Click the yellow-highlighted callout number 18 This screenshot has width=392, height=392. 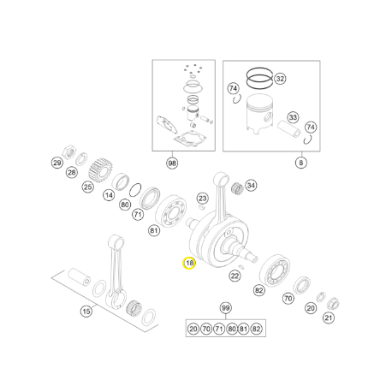pos(188,265)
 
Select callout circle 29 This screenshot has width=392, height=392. pos(57,163)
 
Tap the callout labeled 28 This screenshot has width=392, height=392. pos(71,173)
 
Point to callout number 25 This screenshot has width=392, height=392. pos(88,187)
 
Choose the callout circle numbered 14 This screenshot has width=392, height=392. pos(109,196)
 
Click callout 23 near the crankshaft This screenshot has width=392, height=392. pos(202,199)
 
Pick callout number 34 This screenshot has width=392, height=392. pos(251,185)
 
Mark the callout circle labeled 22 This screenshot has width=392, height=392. pos(235,276)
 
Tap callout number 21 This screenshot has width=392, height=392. pos(329,318)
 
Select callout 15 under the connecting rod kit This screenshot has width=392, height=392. pos(86,312)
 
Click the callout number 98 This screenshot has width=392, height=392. pos(172,162)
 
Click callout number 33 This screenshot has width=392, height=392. pos(293,117)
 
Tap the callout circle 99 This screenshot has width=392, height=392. pos(225,308)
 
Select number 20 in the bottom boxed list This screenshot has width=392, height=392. pos(193,329)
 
